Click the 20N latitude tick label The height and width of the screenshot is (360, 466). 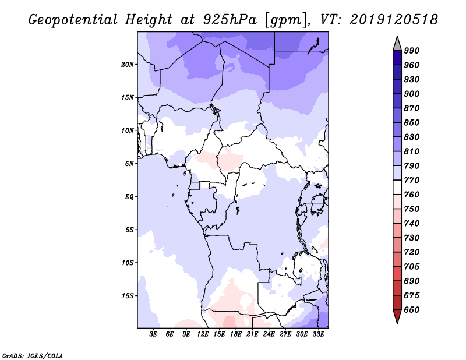click(128, 64)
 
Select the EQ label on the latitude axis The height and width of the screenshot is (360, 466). click(129, 196)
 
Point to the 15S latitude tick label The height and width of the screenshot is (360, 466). click(128, 295)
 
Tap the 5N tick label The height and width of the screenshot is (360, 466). click(129, 163)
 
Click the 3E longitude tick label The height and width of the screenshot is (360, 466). click(153, 334)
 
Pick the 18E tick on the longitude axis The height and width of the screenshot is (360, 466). click(236, 334)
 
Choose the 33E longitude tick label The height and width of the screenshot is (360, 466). click(318, 334)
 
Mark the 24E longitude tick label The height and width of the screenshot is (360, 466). click(269, 334)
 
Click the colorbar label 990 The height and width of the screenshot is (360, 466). click(412, 51)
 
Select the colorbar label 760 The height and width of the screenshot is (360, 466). click(412, 195)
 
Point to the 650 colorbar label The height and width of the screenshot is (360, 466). click(412, 310)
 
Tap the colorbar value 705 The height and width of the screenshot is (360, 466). click(412, 267)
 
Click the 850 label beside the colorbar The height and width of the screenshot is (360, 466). click(412, 123)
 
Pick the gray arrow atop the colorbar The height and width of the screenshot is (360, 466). click(397, 43)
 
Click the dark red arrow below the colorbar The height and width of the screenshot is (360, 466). click(397, 317)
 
